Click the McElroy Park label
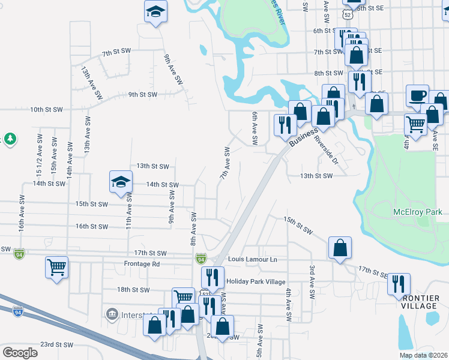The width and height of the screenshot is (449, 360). [x=417, y=212]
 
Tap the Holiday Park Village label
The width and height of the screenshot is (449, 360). [x=256, y=281]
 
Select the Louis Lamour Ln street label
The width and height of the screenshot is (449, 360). [x=253, y=259]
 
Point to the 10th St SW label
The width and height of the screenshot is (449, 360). [x=46, y=109]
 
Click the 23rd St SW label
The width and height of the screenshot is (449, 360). [x=56, y=345]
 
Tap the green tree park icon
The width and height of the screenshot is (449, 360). [x=10, y=139]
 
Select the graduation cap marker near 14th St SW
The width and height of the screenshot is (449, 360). [x=121, y=181]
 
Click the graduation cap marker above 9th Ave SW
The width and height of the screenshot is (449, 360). [x=155, y=11]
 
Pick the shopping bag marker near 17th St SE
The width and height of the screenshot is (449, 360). [x=340, y=247]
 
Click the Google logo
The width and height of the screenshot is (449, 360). [x=20, y=353]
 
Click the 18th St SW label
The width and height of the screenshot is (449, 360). [x=132, y=289]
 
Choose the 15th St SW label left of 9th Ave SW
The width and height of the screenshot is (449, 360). [x=91, y=204]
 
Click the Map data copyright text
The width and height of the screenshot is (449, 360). [x=423, y=355]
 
